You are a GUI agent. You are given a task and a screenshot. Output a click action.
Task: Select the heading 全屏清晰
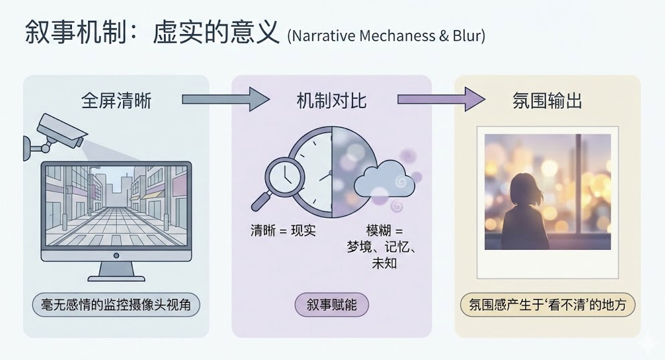click(116, 101)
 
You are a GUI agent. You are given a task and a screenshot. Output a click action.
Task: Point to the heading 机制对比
click(332, 101)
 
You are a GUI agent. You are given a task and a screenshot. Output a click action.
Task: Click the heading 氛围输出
click(547, 101)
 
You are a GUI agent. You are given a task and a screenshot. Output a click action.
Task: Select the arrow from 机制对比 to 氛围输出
click(441, 100)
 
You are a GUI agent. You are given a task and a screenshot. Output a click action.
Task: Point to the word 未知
click(384, 263)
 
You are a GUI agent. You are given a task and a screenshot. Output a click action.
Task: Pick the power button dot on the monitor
click(116, 255)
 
